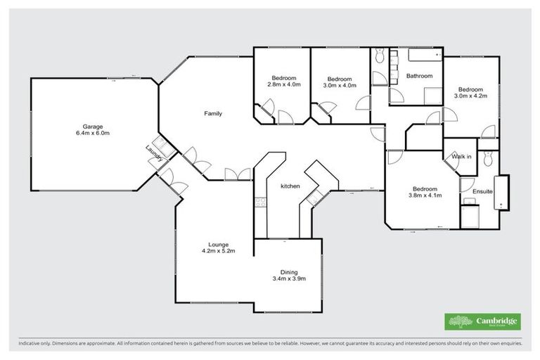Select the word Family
click(214, 113)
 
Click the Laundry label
click(154, 153)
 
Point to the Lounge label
click(217, 244)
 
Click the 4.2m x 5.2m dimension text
click(217, 251)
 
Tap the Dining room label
click(289, 272)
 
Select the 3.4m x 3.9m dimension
click(289, 279)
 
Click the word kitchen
click(290, 186)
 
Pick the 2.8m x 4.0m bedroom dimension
click(284, 84)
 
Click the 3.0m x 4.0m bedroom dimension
click(340, 85)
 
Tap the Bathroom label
click(419, 75)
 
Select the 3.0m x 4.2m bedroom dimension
click(470, 96)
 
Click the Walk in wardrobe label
click(461, 156)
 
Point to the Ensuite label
click(482, 191)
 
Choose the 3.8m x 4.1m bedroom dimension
click(425, 195)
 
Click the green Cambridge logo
click(483, 321)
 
